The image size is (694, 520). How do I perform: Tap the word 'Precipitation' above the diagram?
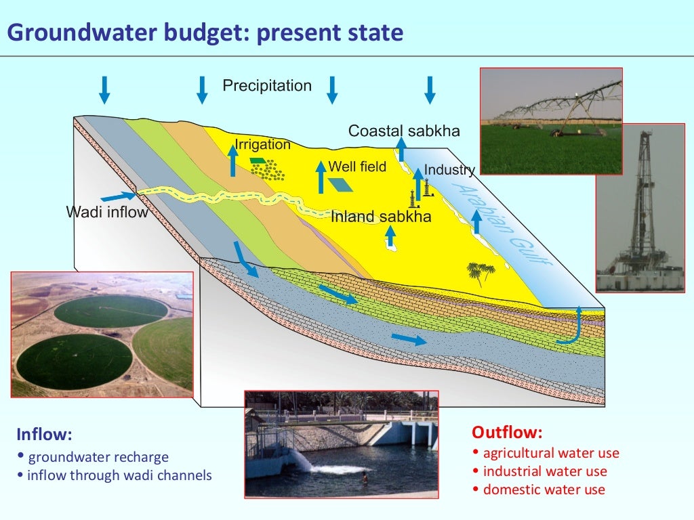267,86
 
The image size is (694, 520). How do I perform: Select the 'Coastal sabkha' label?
404,131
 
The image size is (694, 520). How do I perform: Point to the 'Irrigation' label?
262,144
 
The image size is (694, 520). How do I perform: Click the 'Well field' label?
357,166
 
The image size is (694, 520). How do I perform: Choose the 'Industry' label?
449,170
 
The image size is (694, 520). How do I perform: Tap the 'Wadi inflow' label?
106,212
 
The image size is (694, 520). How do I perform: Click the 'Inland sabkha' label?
381,217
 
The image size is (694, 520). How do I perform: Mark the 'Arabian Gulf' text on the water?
502,224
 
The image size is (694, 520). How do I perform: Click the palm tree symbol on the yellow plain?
481,272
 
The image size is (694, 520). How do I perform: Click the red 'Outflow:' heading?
507,433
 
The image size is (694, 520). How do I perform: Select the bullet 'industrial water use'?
544,471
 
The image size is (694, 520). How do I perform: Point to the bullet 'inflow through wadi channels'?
119,475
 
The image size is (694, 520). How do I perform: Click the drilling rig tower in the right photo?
640,203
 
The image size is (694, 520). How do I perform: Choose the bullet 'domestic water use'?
544,490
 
